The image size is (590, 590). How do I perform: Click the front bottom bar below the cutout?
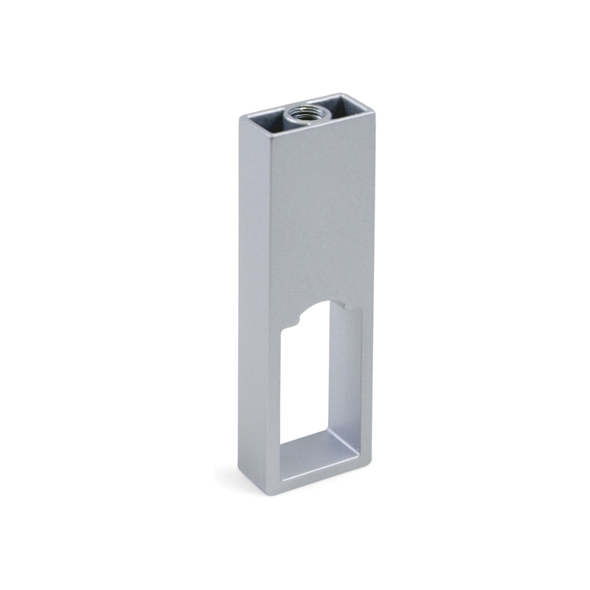coord(310,479)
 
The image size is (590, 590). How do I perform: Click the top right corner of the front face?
coord(374,106)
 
